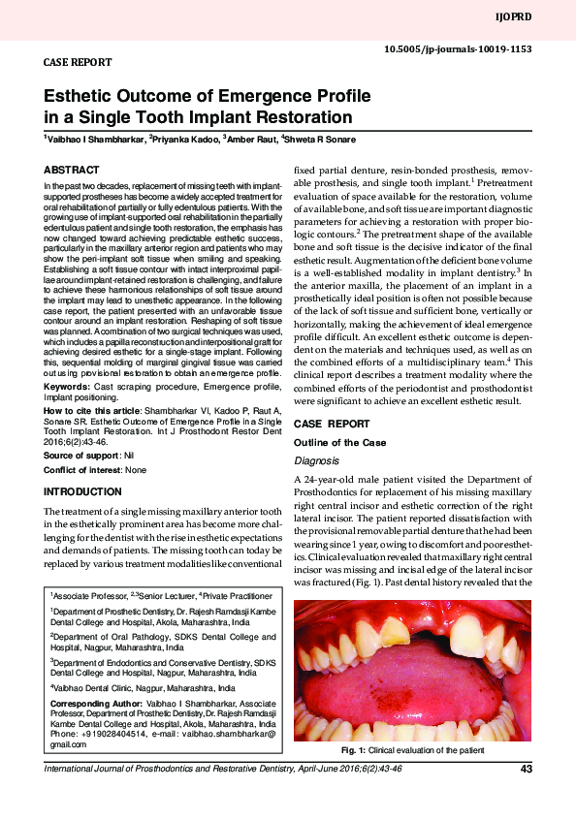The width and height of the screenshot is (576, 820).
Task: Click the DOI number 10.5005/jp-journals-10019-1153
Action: (459, 48)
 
